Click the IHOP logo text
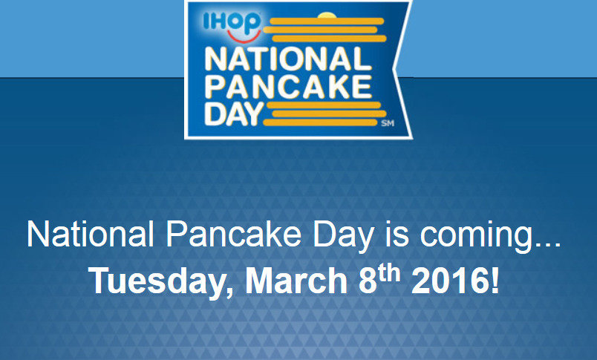[232, 22]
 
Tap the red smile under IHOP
[244, 37]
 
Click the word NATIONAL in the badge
[288, 59]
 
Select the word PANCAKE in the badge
[288, 87]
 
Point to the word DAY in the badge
[233, 114]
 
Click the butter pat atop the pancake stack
[327, 16]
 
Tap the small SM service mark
[388, 123]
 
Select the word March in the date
[296, 280]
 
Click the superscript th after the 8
[390, 273]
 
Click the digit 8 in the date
[368, 281]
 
